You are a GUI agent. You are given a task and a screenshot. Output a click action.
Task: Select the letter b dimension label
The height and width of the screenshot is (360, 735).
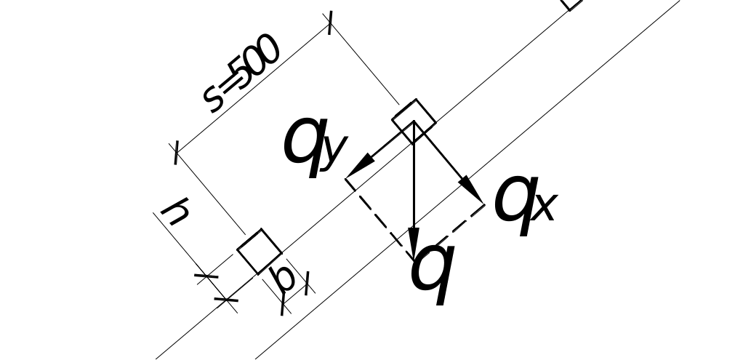pos(284,279)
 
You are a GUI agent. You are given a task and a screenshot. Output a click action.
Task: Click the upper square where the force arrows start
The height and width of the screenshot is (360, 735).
pos(414,118)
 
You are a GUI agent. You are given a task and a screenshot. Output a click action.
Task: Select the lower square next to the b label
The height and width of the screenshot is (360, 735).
pos(259,252)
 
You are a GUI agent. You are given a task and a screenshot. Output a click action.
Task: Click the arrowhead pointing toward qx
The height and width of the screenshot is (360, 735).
pos(473,192)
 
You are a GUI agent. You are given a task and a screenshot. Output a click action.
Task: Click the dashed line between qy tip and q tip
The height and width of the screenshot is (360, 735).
pos(379,219)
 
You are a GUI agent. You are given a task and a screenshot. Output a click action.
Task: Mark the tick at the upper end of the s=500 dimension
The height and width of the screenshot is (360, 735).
pos(331,23)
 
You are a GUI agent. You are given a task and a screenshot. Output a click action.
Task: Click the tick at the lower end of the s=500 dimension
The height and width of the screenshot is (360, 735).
pos(176,153)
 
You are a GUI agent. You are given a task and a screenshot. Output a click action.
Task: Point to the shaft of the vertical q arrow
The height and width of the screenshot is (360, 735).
pos(414,182)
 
